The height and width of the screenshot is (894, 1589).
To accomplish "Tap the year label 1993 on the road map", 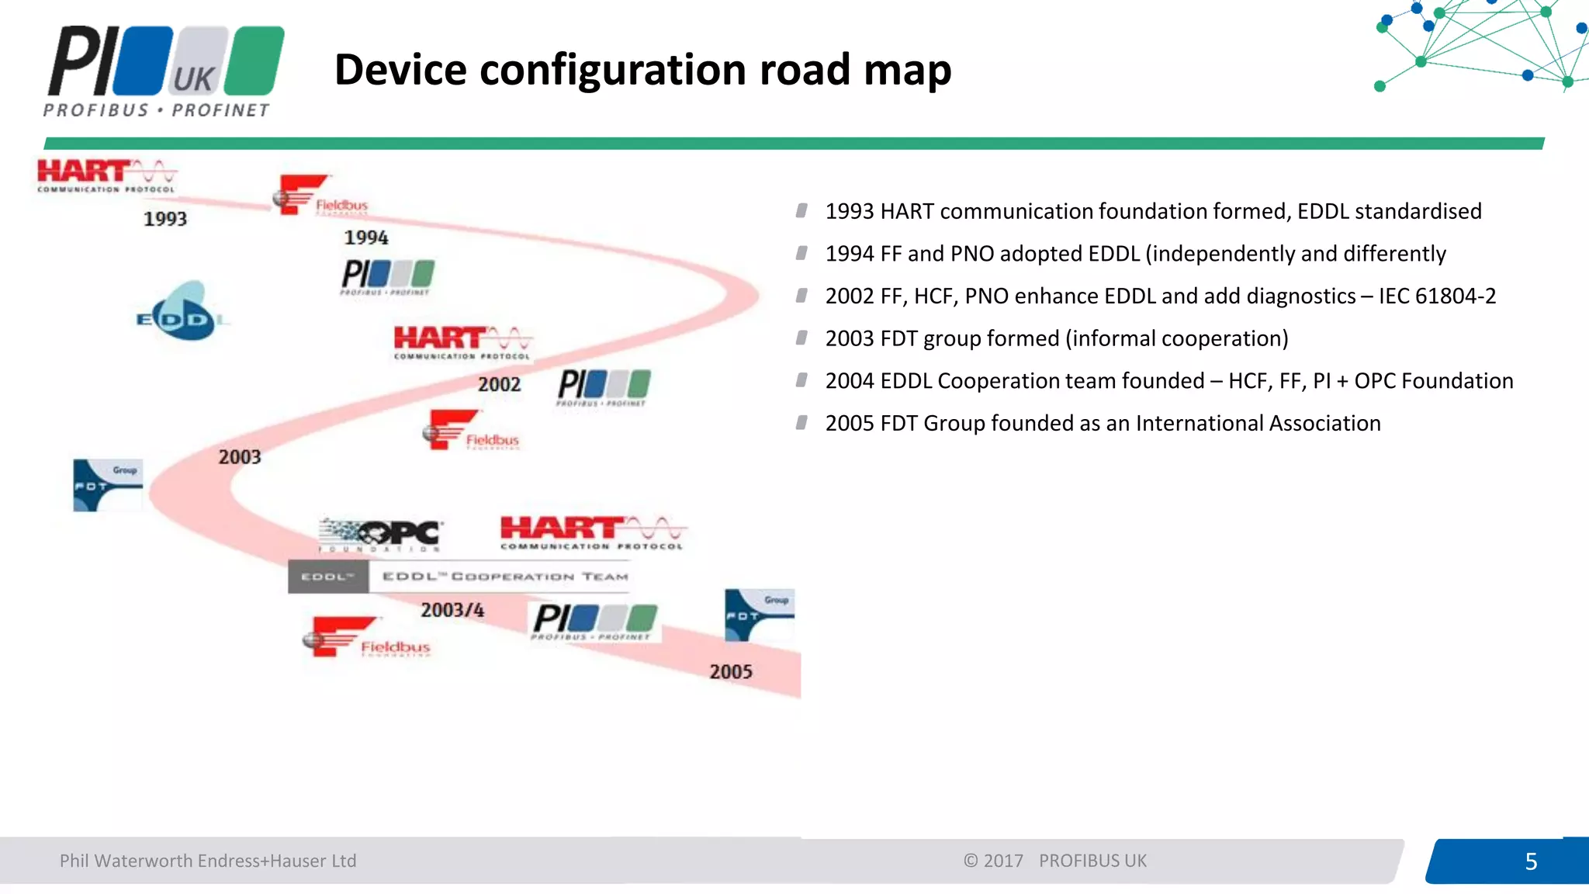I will [165, 219].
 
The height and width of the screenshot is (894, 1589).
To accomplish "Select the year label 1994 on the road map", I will [366, 237].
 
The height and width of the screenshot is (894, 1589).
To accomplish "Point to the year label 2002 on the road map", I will [499, 384].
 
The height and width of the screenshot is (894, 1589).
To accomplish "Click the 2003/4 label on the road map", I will [452, 610].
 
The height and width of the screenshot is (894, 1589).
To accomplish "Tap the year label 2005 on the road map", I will [731, 671].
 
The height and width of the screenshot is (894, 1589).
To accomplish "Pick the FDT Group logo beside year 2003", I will [108, 485].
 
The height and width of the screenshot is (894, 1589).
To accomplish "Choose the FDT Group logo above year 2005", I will [759, 615].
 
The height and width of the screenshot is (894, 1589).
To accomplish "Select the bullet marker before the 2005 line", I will [801, 423].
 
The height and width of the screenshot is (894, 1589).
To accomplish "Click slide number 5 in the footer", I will [1531, 861].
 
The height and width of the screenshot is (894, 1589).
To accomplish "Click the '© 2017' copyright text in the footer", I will [993, 861].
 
